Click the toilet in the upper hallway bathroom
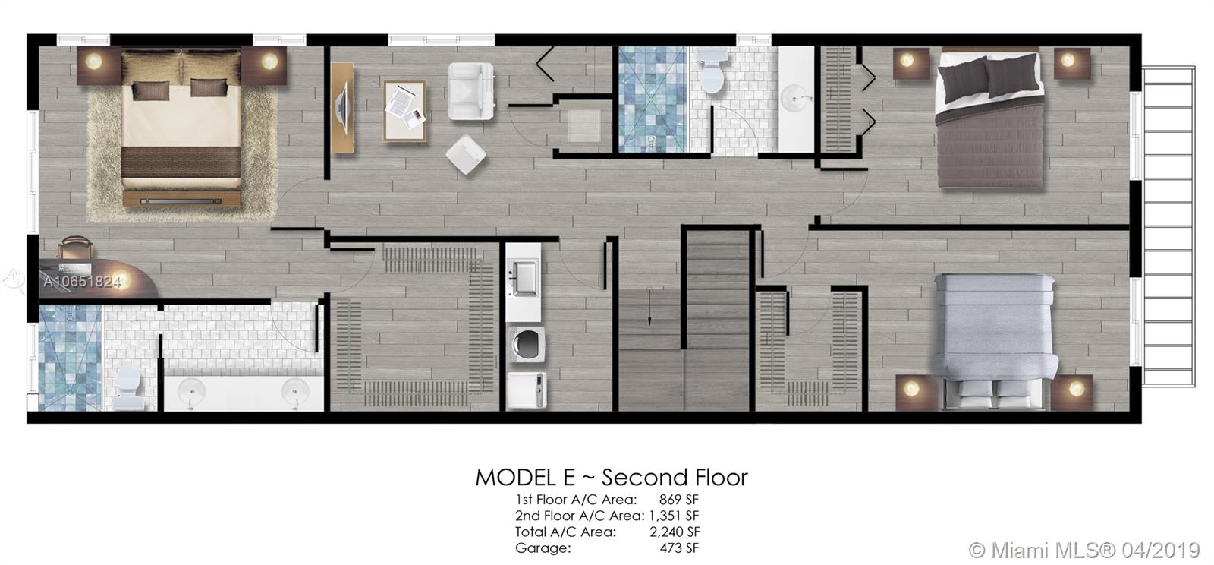tap(712, 70)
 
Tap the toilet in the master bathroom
tap(129, 386)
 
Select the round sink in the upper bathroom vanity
tap(796, 99)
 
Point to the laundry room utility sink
tap(524, 278)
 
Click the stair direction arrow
tap(649, 306)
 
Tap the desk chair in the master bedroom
tap(76, 248)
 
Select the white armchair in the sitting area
tap(471, 90)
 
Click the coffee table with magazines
tap(404, 111)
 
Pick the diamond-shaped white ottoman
tap(466, 154)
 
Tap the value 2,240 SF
tap(675, 532)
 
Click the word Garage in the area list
tap(543, 548)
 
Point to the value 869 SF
tap(678, 500)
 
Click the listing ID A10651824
tap(82, 282)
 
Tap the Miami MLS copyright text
tap(1084, 551)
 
